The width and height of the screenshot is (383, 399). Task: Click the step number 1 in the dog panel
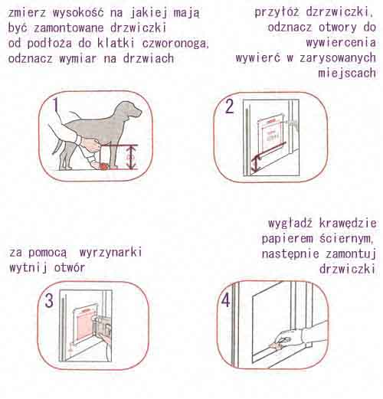56,105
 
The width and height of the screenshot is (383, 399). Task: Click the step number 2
229,106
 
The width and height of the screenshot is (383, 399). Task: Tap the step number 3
48,301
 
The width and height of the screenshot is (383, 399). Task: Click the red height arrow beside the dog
131,157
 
